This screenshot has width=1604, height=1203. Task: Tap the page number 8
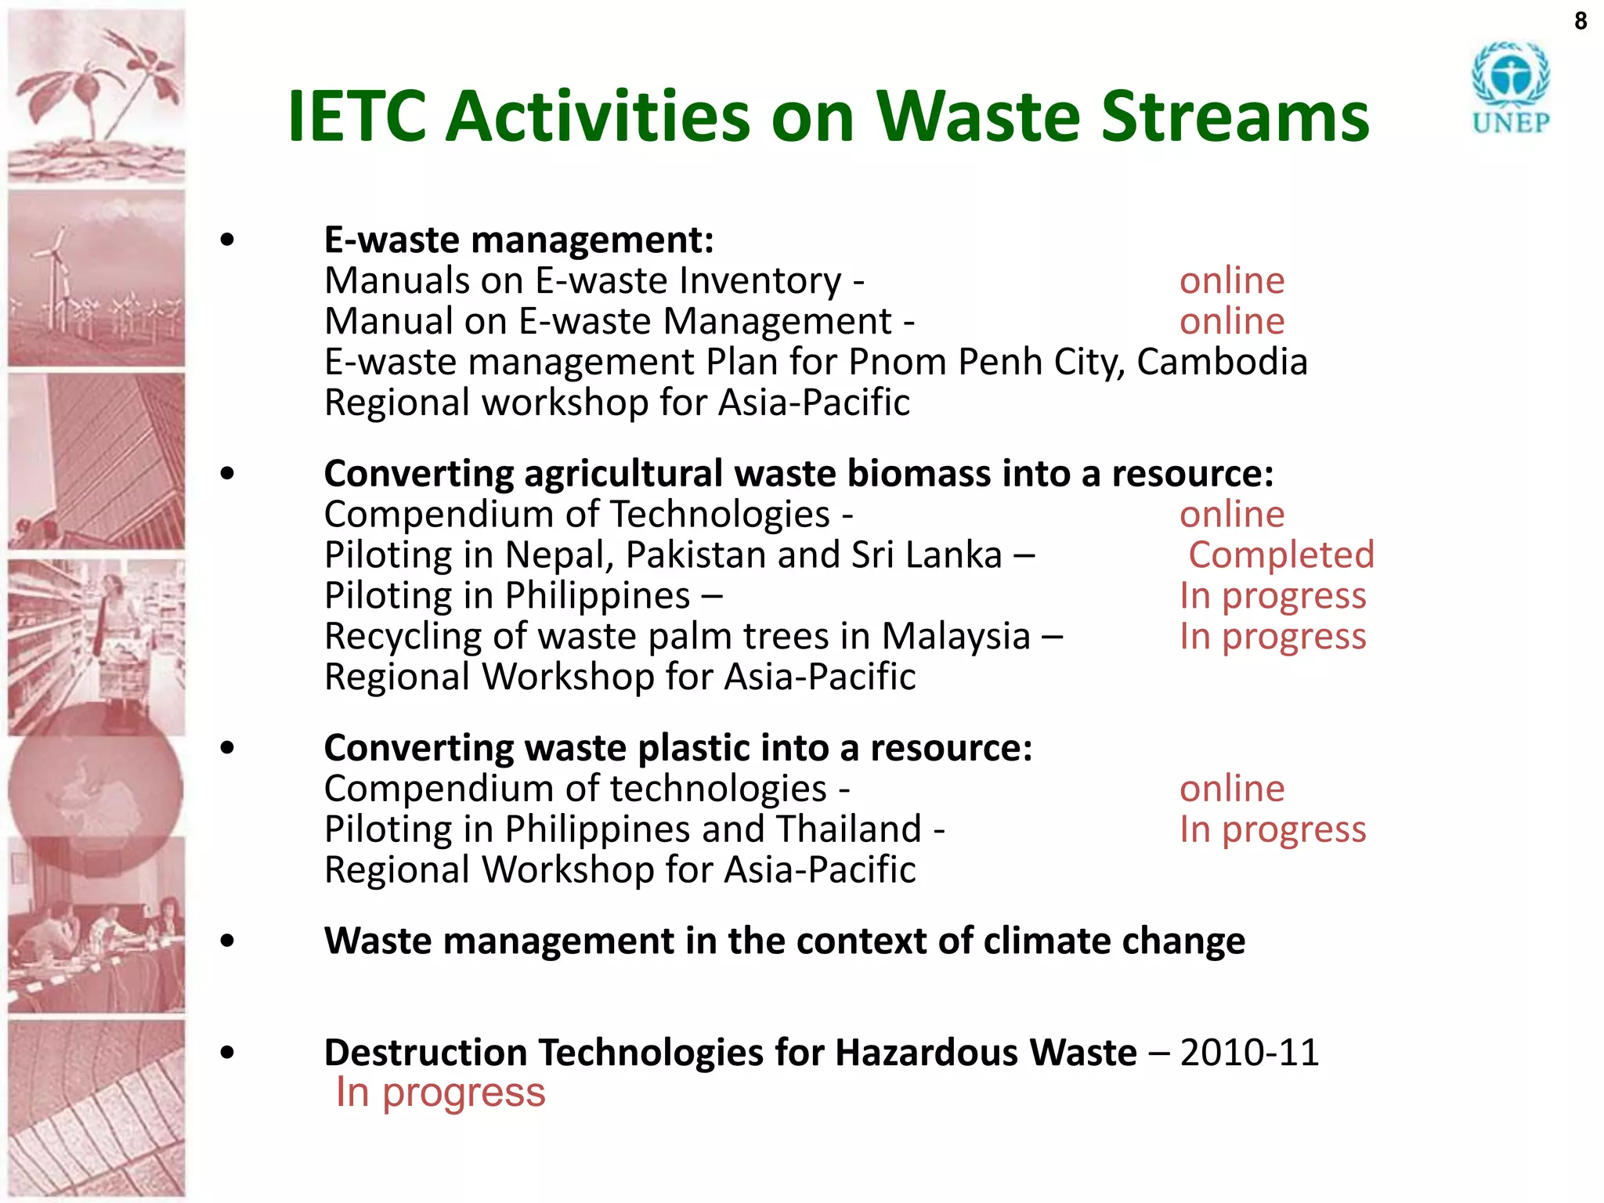pyautogui.click(x=1581, y=21)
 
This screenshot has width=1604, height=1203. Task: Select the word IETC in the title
pyautogui.click(x=356, y=117)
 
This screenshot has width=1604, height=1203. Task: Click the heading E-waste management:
pyautogui.click(x=518, y=240)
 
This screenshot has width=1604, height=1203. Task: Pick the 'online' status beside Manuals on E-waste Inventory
pyautogui.click(x=1232, y=280)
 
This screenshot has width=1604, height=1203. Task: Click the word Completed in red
pyautogui.click(x=1281, y=555)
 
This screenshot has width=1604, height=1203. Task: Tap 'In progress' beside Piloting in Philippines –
pyautogui.click(x=1273, y=595)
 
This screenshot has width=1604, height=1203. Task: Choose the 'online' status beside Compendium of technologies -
pyautogui.click(x=1232, y=788)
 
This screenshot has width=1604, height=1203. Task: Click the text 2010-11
pyautogui.click(x=1249, y=1052)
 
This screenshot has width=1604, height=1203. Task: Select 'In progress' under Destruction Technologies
pyautogui.click(x=440, y=1093)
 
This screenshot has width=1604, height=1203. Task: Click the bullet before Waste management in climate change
pyautogui.click(x=227, y=941)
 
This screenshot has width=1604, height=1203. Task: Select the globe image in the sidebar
pyautogui.click(x=94, y=787)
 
